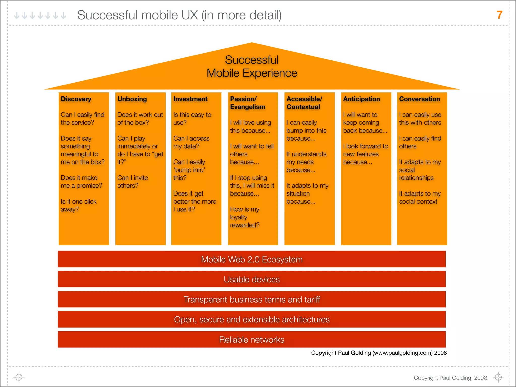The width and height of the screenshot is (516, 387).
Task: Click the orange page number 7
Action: pyautogui.click(x=499, y=15)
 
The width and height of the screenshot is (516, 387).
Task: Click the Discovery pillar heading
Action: pyautogui.click(x=76, y=99)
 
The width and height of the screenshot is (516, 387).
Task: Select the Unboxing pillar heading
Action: pyautogui.click(x=132, y=99)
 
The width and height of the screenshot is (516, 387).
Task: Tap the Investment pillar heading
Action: pyautogui.click(x=190, y=99)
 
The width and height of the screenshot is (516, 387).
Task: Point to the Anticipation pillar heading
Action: pyautogui.click(x=362, y=99)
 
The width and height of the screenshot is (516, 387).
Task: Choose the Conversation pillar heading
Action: pyautogui.click(x=420, y=99)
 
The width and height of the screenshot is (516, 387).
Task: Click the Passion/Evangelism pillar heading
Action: pyautogui.click(x=247, y=103)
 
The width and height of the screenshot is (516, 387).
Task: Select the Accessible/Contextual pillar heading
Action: pyautogui.click(x=304, y=103)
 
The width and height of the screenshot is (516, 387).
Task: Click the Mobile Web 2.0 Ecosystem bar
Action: pyautogui.click(x=252, y=259)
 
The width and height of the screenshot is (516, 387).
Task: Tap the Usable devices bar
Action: pyautogui.click(x=252, y=279)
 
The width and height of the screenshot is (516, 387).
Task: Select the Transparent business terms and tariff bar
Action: pyautogui.click(x=252, y=300)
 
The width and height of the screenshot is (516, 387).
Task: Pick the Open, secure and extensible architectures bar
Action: pyautogui.click(x=252, y=319)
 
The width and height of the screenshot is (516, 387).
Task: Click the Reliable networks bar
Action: pyautogui.click(x=252, y=340)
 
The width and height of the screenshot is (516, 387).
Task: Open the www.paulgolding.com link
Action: pyautogui.click(x=402, y=353)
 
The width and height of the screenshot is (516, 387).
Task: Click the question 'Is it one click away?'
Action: pyautogui.click(x=79, y=205)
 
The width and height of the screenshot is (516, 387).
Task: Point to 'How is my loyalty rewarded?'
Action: pyautogui.click(x=244, y=217)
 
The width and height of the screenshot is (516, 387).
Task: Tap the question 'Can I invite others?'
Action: pyautogui.click(x=133, y=182)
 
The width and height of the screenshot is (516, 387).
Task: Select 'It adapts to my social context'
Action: pyautogui.click(x=420, y=198)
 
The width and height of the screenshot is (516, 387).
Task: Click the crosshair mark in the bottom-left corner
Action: pyautogui.click(x=19, y=377)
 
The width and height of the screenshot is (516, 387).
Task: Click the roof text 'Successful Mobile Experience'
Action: pyautogui.click(x=252, y=67)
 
